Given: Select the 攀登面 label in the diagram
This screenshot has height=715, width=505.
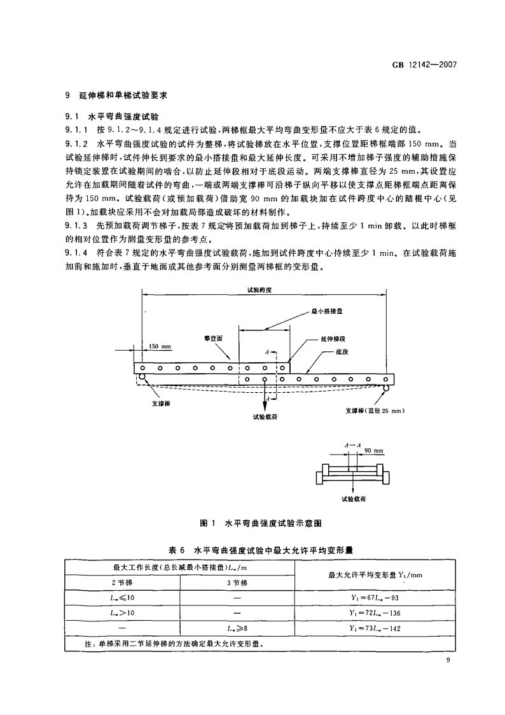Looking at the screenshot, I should pos(213,339).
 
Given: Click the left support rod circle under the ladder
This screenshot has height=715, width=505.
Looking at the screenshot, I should pos(140,380).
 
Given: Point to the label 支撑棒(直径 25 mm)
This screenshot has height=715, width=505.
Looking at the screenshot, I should pos(375,411).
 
